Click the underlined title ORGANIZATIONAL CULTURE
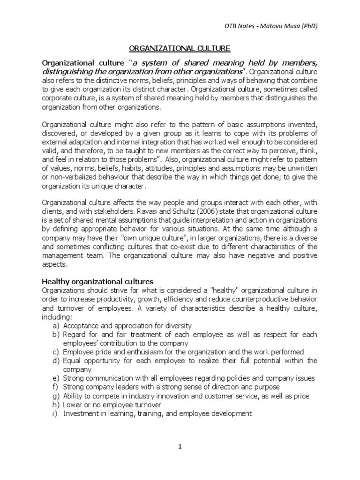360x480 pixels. (x=180, y=48)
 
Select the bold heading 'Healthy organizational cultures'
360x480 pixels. (x=98, y=281)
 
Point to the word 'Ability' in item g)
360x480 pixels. (x=74, y=396)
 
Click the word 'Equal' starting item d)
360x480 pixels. (x=72, y=360)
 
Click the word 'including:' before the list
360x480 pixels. (x=56, y=316)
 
